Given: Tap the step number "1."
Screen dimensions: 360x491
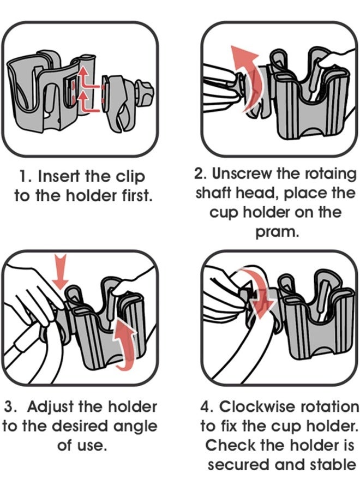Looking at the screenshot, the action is (x=26, y=176).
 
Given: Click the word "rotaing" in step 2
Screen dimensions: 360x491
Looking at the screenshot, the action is (x=331, y=175).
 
